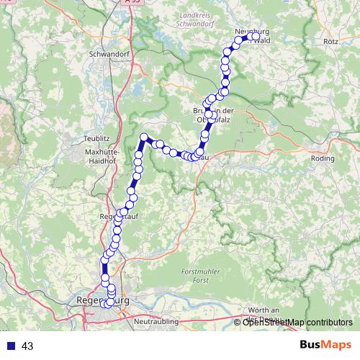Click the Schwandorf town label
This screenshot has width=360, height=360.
[x=107, y=54]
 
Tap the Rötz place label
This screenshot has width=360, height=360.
[x=330, y=42]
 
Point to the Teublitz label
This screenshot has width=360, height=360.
[x=96, y=138]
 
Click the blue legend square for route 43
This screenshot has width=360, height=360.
[x=9, y=346]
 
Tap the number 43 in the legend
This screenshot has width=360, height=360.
[x=28, y=346]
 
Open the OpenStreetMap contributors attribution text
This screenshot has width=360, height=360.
[x=297, y=322]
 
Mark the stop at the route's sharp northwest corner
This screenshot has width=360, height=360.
[x=144, y=137]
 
